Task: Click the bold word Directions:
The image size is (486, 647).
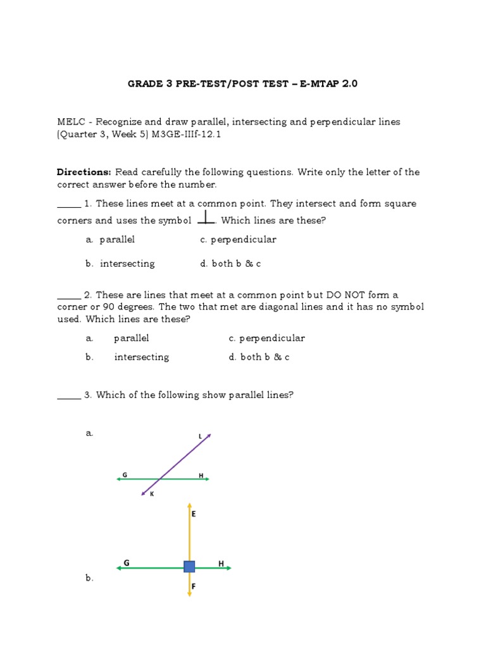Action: click(84, 172)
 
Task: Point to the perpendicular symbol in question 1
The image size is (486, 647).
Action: click(206, 218)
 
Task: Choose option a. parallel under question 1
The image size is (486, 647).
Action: click(111, 239)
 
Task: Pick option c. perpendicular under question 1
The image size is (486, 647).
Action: click(238, 239)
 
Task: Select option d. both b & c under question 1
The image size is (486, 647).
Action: click(230, 263)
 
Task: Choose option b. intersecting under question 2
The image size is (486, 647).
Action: click(128, 357)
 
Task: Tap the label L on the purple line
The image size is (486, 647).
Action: click(201, 436)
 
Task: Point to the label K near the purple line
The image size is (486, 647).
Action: click(152, 494)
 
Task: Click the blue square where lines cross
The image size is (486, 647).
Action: click(189, 566)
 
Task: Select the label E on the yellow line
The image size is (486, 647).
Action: click(194, 514)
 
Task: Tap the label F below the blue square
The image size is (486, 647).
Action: click(194, 587)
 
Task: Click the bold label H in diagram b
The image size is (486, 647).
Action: click(221, 563)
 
